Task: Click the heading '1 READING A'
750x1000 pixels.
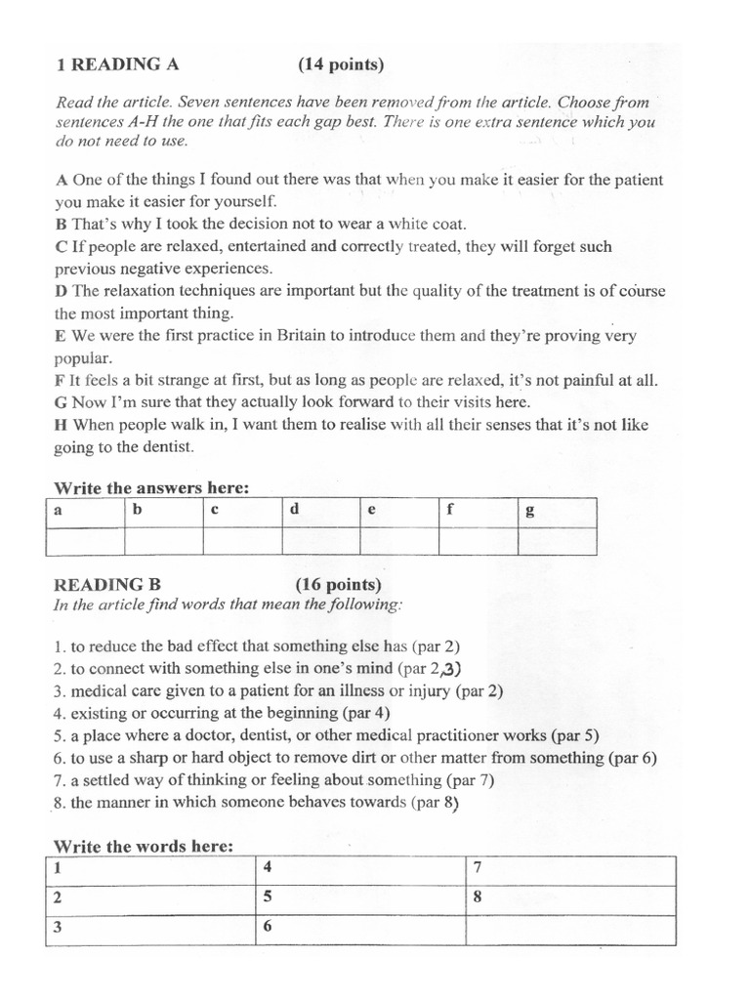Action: [x=118, y=65]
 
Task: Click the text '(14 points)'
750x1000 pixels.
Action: [x=342, y=65]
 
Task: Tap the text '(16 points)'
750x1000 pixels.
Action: [x=339, y=585]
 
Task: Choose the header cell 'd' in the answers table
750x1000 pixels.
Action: [x=321, y=512]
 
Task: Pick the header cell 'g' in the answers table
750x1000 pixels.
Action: [x=557, y=512]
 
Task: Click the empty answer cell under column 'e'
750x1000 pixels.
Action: [x=399, y=541]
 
